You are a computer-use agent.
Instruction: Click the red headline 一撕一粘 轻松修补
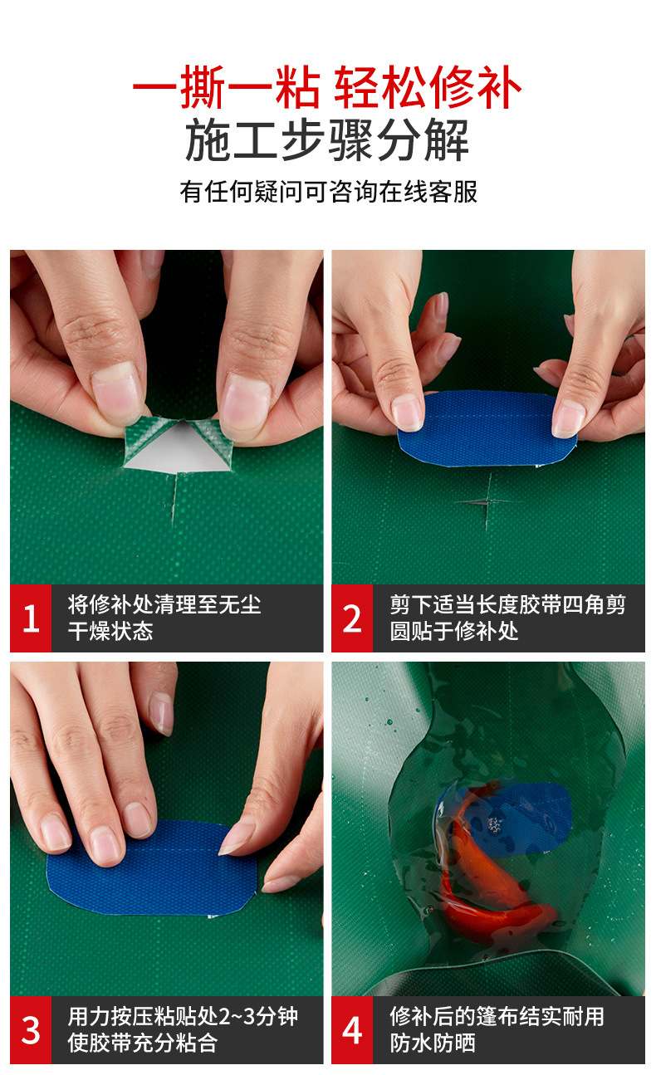click(327, 87)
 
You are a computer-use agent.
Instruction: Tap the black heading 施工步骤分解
click(327, 139)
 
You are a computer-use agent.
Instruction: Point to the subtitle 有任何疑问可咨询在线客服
click(329, 192)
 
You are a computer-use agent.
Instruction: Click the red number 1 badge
click(31, 618)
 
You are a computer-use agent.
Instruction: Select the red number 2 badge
click(352, 618)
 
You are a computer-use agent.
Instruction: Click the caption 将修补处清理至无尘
click(164, 604)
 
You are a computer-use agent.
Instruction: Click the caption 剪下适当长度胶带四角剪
click(507, 604)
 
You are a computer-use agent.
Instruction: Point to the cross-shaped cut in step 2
click(488, 502)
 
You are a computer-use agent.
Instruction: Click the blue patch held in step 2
click(487, 428)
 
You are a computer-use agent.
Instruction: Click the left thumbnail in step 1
click(117, 392)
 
